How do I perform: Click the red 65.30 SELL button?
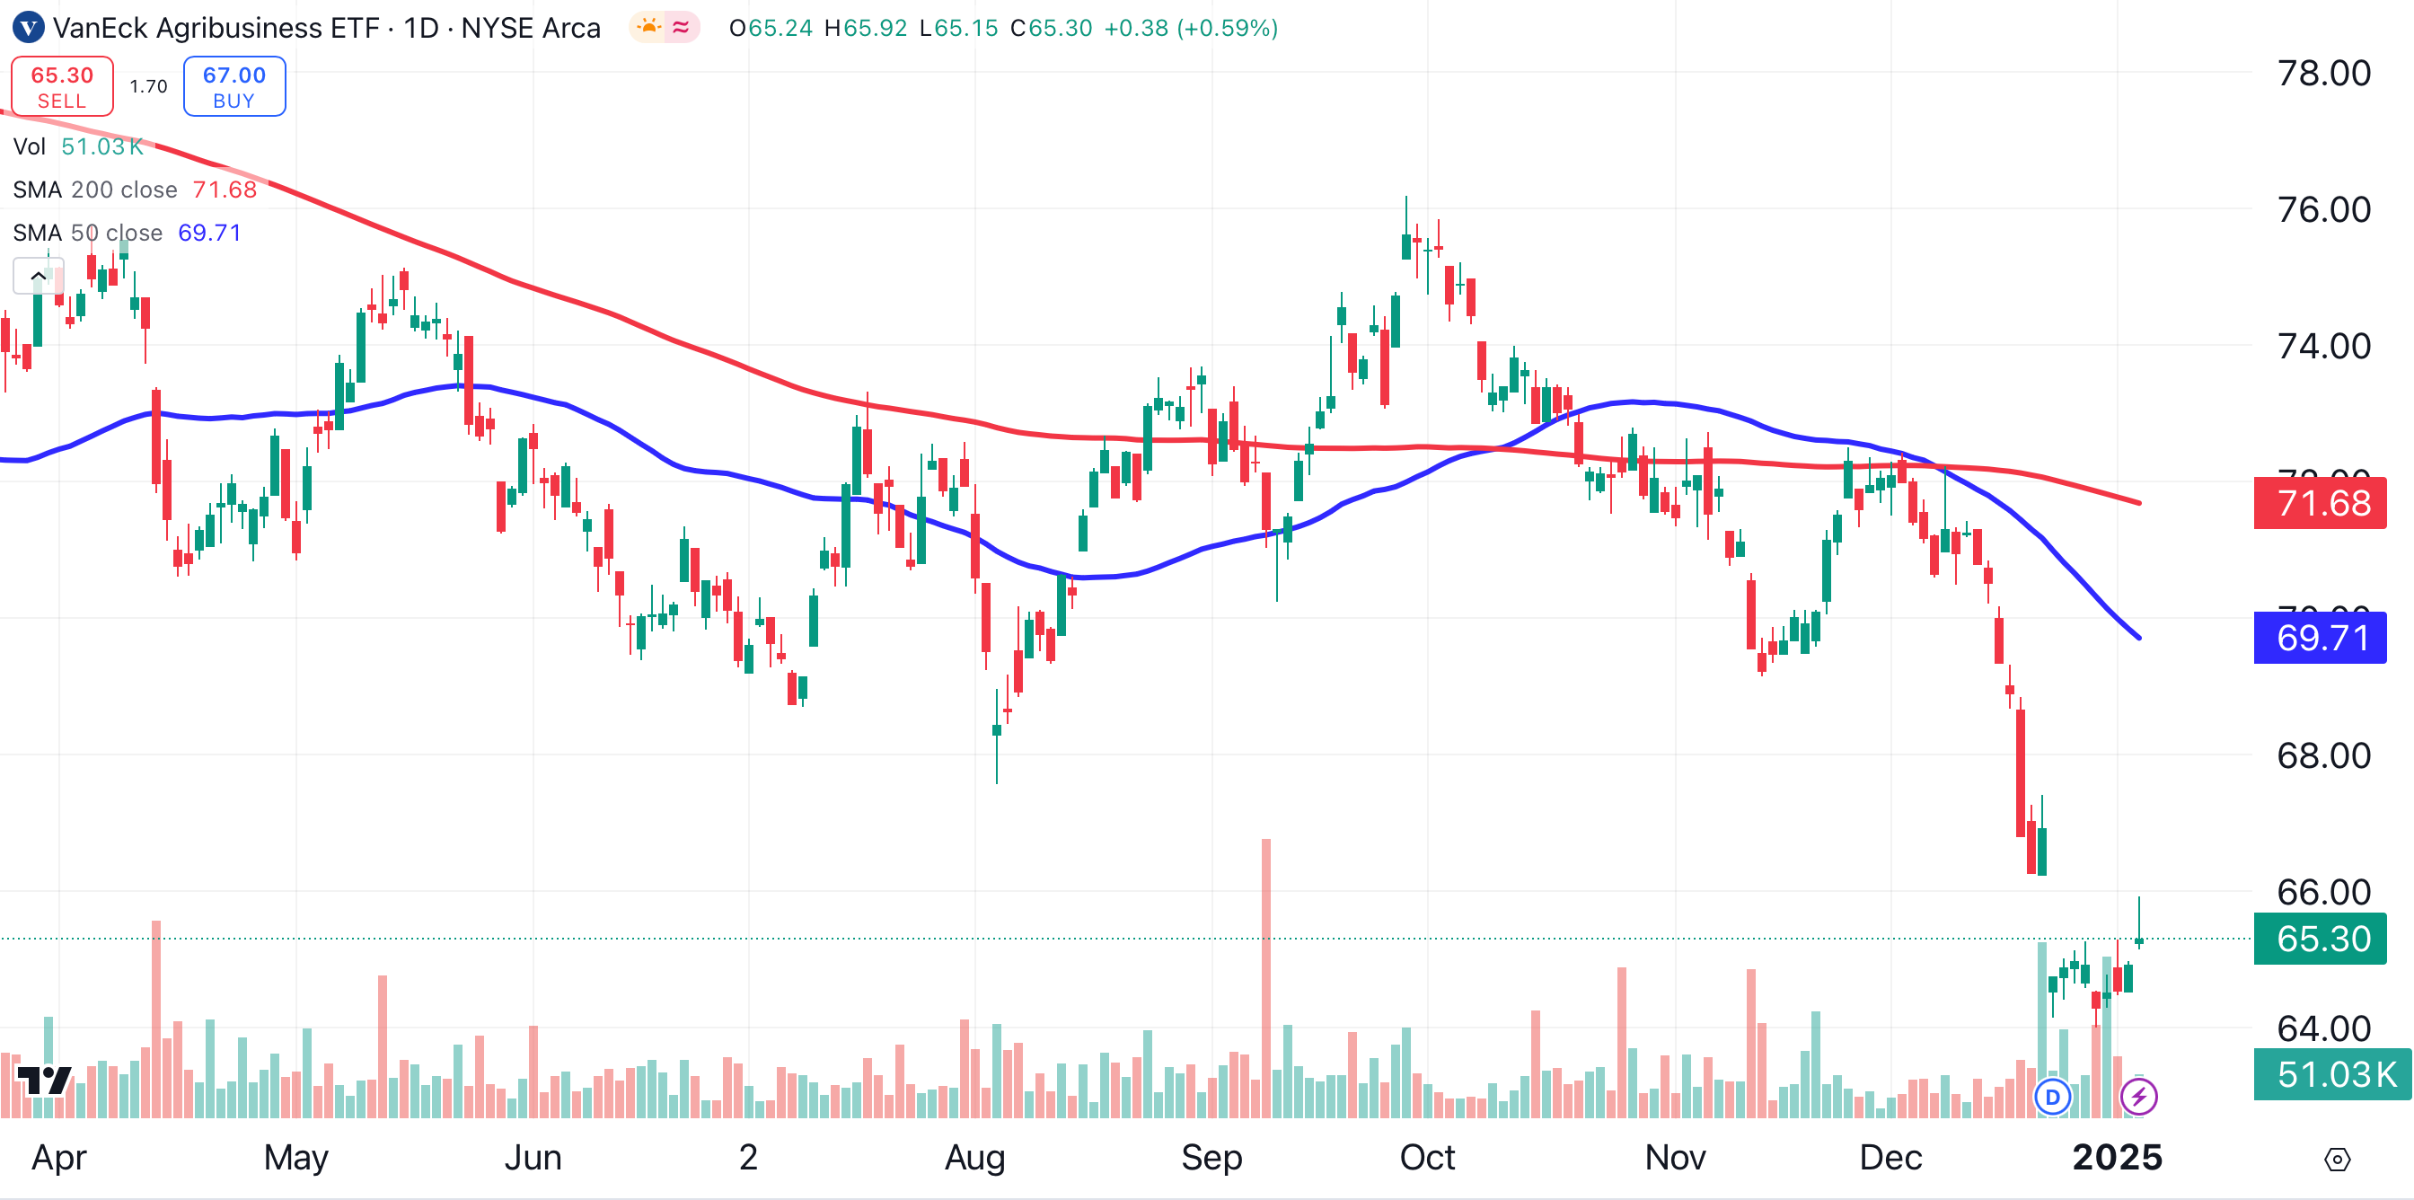(x=62, y=86)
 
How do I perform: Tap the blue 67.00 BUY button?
(x=234, y=86)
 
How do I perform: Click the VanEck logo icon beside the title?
(x=28, y=27)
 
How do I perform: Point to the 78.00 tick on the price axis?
(x=2323, y=73)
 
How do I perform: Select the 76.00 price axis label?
(x=2323, y=209)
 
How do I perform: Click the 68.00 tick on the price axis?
(x=2323, y=755)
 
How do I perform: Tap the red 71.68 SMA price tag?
(x=2320, y=503)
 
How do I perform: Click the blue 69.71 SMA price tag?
(x=2320, y=639)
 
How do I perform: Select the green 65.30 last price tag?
(x=2320, y=939)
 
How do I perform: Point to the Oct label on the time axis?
(x=1426, y=1158)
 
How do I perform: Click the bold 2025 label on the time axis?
(x=2117, y=1158)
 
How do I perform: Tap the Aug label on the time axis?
(x=974, y=1158)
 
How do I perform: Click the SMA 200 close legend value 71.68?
(x=224, y=190)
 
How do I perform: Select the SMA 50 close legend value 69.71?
(x=209, y=233)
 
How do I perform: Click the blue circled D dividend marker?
(x=2052, y=1096)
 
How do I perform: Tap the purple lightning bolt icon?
(x=2138, y=1096)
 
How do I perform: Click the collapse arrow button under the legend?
(x=39, y=276)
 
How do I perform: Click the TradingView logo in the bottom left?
(x=44, y=1081)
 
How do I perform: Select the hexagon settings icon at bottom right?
(x=2337, y=1160)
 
